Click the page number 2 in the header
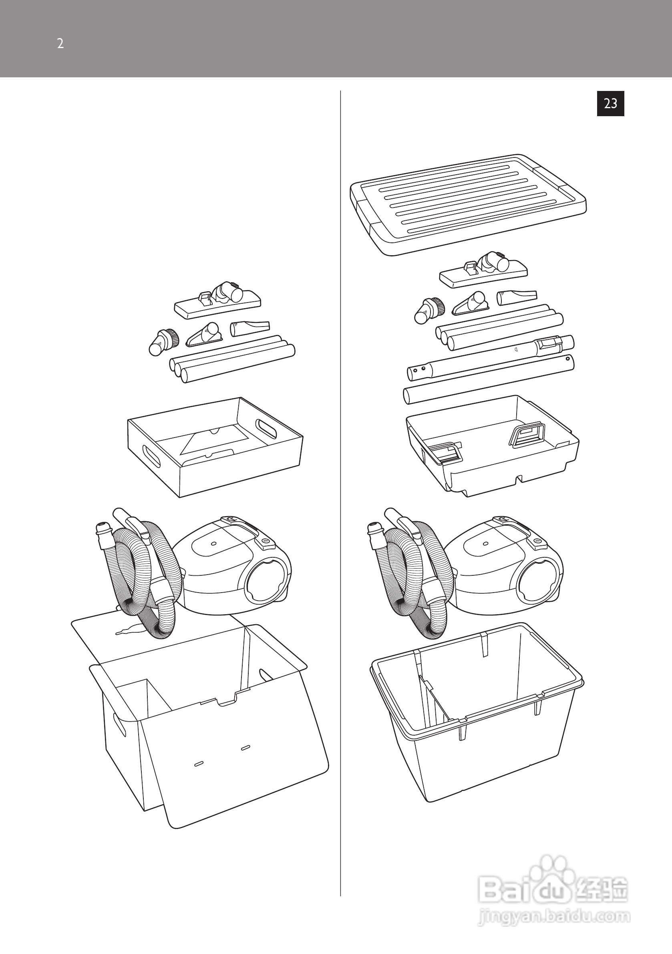60,44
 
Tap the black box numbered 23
610,103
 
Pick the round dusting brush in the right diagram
429,311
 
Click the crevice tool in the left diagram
250,328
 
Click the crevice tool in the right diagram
516,297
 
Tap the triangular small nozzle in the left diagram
203,335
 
